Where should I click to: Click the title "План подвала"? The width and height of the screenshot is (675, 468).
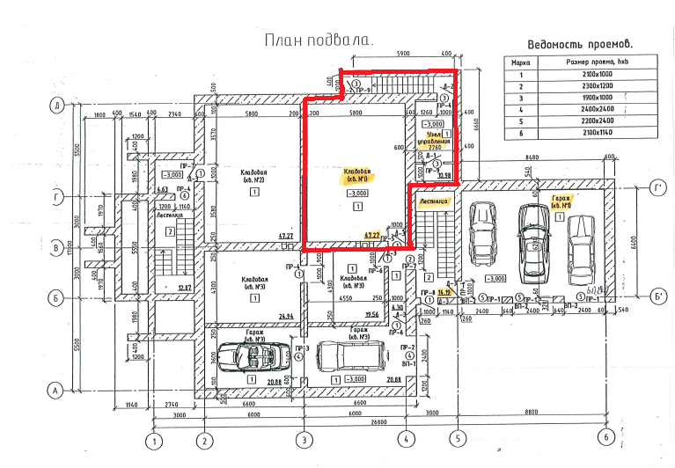[319, 40]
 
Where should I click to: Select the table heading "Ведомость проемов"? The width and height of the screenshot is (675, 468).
[582, 44]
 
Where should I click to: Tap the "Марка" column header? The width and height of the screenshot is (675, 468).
[520, 62]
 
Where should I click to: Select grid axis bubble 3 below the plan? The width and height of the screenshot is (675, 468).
[304, 439]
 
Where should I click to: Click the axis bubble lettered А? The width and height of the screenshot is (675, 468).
[55, 390]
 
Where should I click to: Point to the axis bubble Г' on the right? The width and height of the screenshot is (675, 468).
[657, 188]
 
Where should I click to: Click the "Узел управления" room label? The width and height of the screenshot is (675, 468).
[440, 140]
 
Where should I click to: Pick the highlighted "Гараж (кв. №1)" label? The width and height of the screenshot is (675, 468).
[561, 201]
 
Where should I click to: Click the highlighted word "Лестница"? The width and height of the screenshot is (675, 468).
[434, 201]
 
